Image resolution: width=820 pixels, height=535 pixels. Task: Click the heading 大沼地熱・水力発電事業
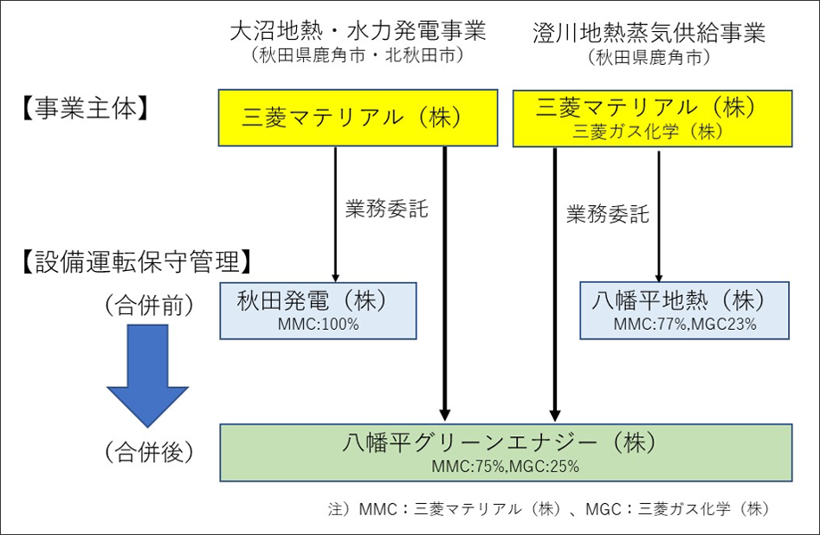358,31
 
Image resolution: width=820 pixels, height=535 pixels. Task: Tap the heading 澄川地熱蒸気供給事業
649,32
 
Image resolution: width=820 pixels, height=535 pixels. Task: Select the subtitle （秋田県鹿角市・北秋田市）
358,55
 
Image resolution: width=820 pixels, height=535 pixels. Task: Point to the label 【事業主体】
85,109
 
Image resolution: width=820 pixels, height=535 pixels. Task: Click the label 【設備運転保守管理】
137,261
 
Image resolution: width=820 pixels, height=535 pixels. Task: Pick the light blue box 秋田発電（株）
318,311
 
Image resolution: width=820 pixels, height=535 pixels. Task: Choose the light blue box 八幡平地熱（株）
684,311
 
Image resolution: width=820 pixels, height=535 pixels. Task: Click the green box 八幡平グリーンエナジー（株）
506,453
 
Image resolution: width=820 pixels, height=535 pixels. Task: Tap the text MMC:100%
318,325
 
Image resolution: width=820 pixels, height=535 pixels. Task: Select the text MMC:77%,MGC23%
685,325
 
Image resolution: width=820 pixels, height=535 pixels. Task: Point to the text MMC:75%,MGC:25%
505,466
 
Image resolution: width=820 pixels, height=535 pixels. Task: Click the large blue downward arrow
147,376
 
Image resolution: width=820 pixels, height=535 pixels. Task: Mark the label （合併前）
149,306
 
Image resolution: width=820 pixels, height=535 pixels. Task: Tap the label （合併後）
149,452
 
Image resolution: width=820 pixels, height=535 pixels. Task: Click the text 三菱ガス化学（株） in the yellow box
648,132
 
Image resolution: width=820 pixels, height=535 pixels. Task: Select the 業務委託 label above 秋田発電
386,209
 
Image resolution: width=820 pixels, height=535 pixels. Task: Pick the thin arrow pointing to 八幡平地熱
659,216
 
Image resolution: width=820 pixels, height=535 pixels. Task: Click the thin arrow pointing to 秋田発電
335,215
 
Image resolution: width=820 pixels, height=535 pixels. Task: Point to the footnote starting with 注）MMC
549,509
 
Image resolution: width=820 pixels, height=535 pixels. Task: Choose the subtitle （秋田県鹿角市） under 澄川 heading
649,57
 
